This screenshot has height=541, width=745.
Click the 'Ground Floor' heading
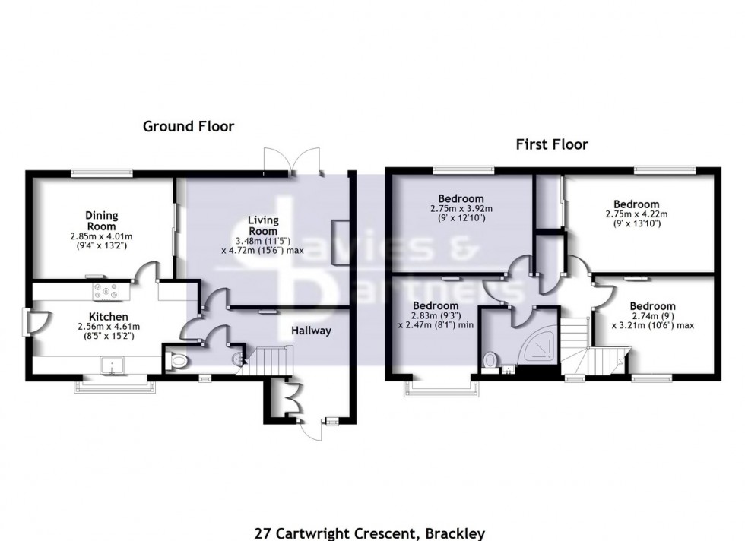[x=189, y=127]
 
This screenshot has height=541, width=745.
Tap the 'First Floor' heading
[x=552, y=144]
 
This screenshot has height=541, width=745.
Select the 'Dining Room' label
[x=100, y=221]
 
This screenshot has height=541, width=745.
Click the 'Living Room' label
[x=263, y=226]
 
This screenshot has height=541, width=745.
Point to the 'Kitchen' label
[x=106, y=316]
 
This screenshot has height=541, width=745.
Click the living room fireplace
[x=341, y=242]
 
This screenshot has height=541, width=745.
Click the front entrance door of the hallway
[x=312, y=431]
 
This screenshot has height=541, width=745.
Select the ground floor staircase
[x=272, y=359]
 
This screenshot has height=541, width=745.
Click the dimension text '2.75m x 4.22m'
[x=636, y=214]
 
